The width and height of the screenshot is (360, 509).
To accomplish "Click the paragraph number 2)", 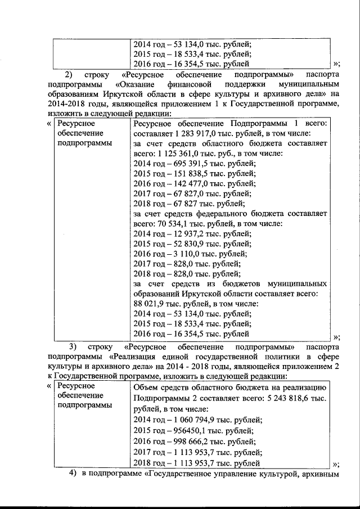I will click(68, 75).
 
